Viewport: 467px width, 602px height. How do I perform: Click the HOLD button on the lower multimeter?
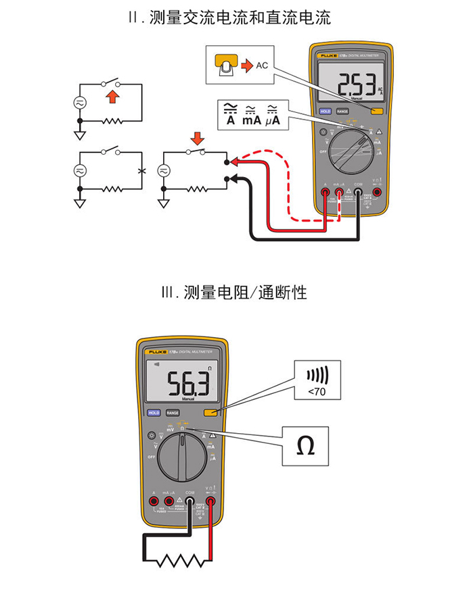click(x=154, y=412)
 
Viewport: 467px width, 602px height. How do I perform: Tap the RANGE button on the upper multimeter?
click(x=342, y=111)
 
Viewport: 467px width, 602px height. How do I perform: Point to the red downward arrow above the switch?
click(x=197, y=139)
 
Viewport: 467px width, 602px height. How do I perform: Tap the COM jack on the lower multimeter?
click(x=190, y=501)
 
